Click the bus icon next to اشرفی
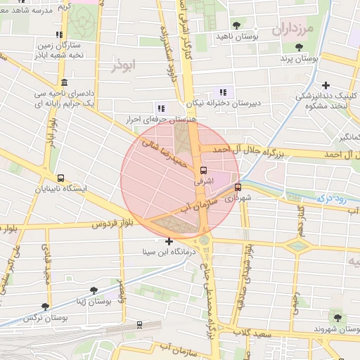coord(204,170)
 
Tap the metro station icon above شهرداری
coord(238,187)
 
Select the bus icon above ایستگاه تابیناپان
coord(60,179)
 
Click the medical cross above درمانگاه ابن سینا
coord(169,242)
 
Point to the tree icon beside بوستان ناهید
coord(235,25)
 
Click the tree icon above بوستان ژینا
coord(93,290)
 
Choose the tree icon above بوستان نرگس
coord(46,307)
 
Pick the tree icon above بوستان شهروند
coord(335,316)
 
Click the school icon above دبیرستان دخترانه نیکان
coord(223,92)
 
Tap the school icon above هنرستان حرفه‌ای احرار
coord(161,108)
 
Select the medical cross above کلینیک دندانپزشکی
coord(325,85)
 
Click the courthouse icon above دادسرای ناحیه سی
coord(64,82)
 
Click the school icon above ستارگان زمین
coord(59,34)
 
